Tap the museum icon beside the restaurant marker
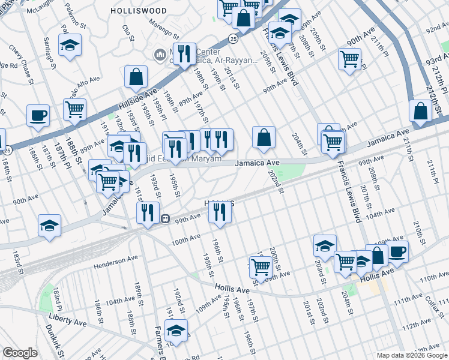(160, 56)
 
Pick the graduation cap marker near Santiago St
(70, 44)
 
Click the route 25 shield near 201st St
(233, 38)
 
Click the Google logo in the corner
(20, 353)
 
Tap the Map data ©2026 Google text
(412, 355)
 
